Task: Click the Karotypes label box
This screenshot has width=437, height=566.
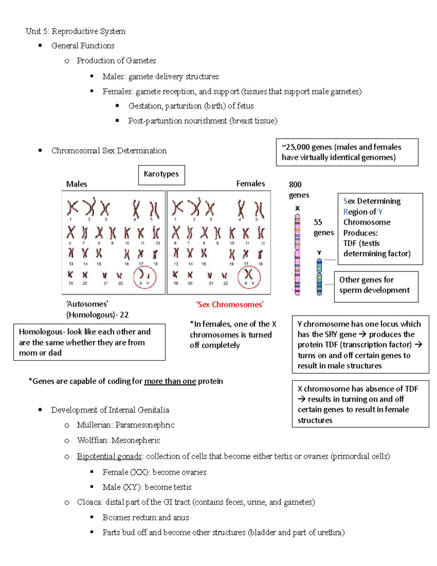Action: coord(161,175)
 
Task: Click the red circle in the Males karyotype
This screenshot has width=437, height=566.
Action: coord(145,277)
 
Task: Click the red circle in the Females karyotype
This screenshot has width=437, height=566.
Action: coord(249,277)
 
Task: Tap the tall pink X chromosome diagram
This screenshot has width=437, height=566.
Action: coord(297,254)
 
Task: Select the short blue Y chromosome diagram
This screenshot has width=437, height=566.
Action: coord(319,277)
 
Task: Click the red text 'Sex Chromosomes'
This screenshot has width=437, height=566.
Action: coord(230,304)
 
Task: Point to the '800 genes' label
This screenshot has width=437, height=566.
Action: coord(298,190)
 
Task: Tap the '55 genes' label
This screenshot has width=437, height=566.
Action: coord(323,227)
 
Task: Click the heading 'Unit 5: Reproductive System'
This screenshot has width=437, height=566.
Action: coord(75,31)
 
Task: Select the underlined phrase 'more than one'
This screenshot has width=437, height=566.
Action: coord(170,381)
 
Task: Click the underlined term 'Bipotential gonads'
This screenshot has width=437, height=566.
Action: coord(109,456)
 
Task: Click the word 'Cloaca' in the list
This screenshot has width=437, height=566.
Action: coord(89,502)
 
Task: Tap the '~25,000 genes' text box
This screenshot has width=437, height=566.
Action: coord(347,152)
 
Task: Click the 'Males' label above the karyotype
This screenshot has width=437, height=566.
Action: coord(76,184)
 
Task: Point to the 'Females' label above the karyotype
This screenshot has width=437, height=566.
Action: coord(251,184)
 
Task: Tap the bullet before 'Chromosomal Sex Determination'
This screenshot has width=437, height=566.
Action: coord(40,151)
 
